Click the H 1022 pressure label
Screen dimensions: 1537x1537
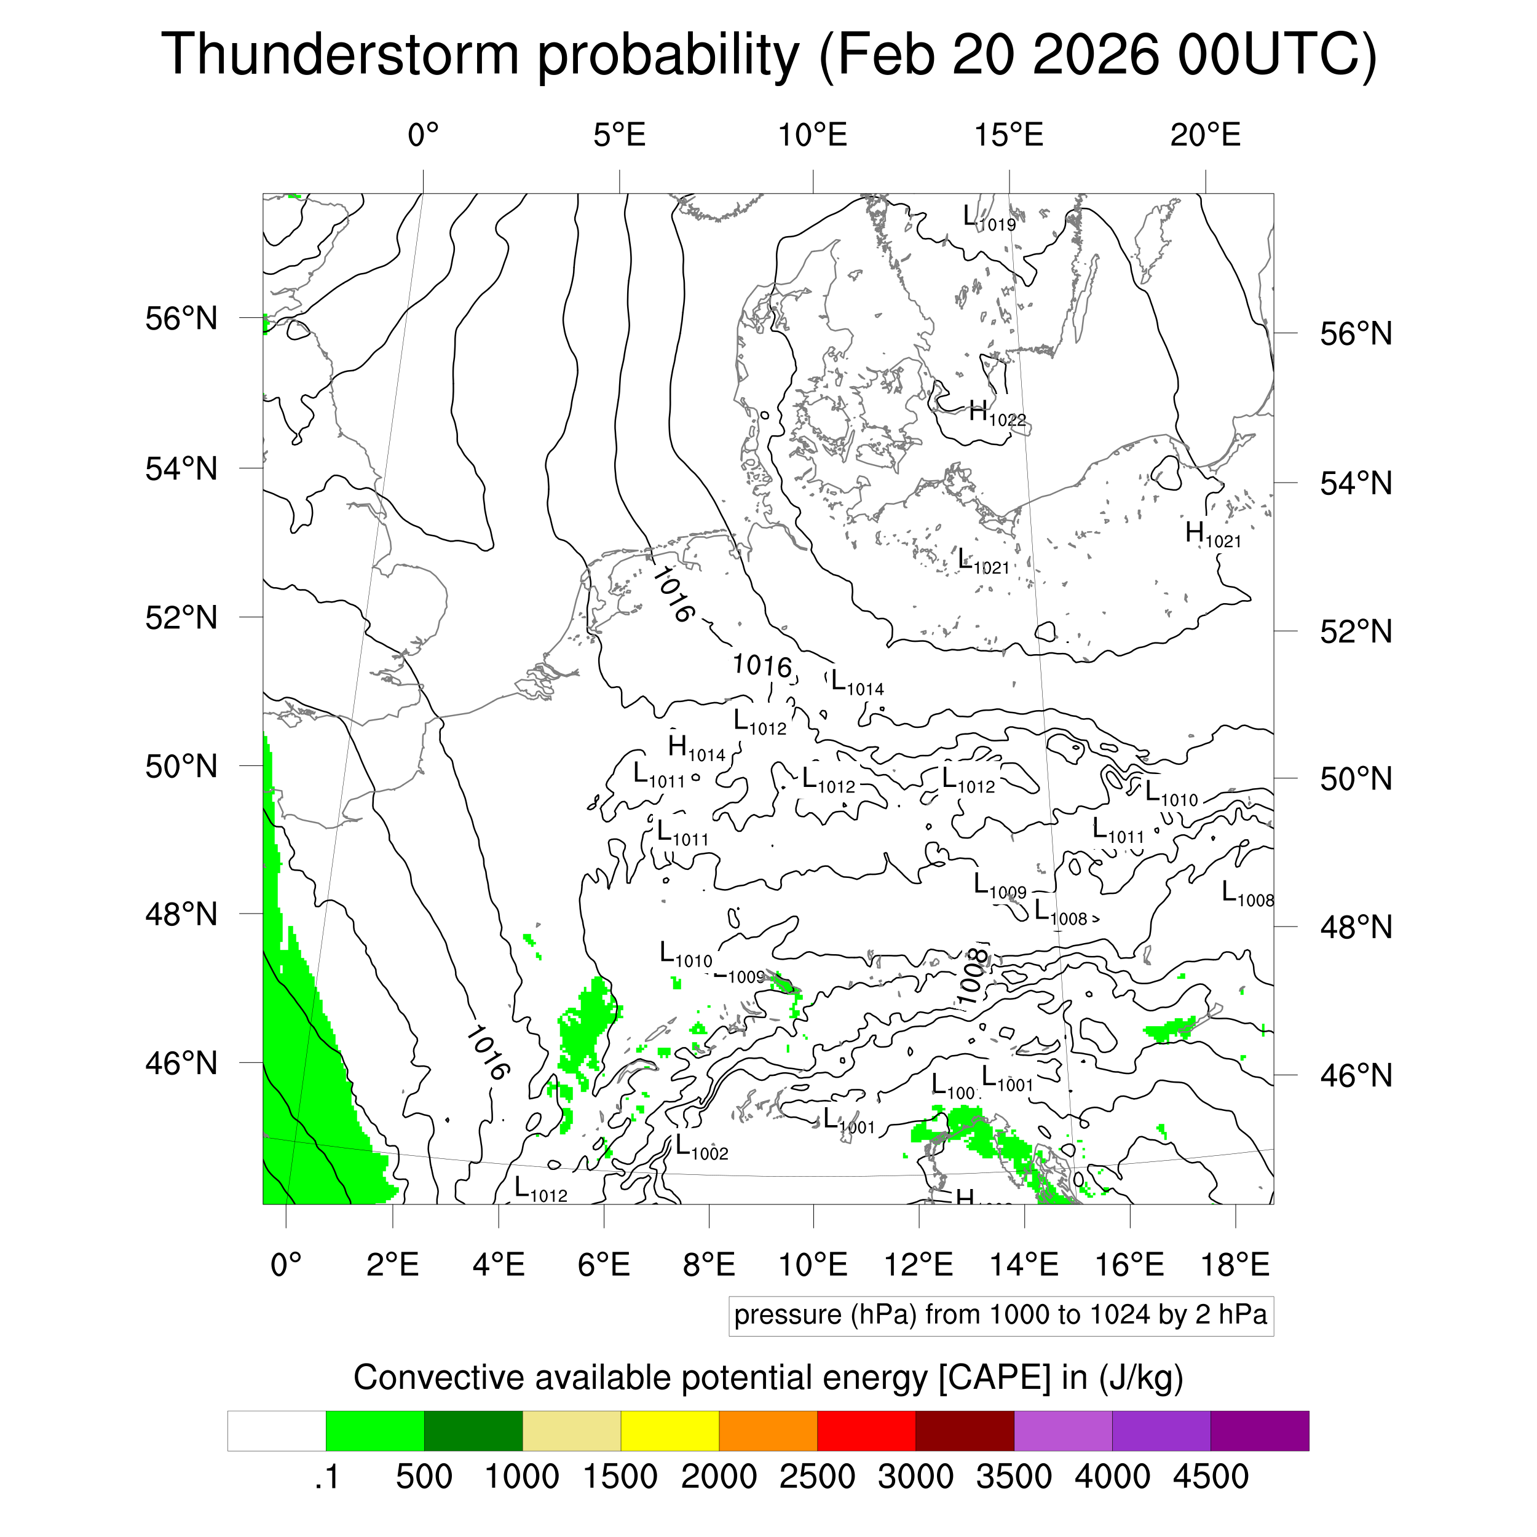pos(997,414)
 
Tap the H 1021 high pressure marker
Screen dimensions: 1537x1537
pos(1212,535)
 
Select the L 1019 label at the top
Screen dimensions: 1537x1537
pos(989,218)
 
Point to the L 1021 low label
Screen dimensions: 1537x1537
pos(982,562)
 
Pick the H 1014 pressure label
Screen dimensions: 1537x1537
pos(696,749)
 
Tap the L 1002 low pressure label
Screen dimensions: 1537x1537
pos(701,1147)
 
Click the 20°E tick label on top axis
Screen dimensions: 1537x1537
pos(1204,135)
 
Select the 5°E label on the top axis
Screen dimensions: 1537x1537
pos(619,135)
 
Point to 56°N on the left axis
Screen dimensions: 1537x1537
pos(181,318)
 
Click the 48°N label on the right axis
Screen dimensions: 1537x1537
pos(1356,927)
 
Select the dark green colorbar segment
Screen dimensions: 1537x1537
pos(473,1431)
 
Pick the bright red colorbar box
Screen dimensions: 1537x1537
pos(866,1431)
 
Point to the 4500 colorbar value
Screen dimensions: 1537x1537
pos(1210,1477)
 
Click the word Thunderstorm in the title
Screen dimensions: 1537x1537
pos(341,54)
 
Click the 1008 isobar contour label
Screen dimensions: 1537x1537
pos(972,977)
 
